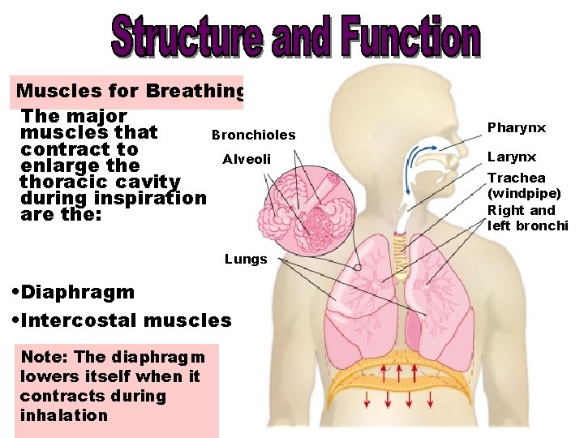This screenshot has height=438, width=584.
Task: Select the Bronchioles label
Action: click(x=253, y=135)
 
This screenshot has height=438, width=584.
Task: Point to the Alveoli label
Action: click(x=247, y=159)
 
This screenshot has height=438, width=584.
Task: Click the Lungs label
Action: click(x=245, y=260)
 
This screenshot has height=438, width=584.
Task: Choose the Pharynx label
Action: click(x=516, y=127)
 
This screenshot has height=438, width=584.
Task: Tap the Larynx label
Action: click(x=511, y=157)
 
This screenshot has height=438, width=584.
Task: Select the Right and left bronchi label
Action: click(x=526, y=218)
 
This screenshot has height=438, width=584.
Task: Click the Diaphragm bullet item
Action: click(x=74, y=292)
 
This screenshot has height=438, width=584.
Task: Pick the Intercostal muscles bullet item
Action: click(x=122, y=320)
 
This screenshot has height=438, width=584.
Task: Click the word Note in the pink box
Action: click(x=39, y=357)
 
